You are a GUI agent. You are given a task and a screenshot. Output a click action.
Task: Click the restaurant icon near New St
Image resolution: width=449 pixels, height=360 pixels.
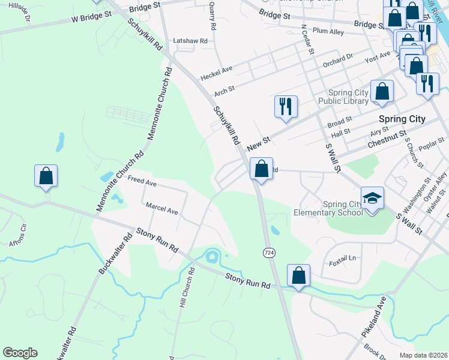[286, 107]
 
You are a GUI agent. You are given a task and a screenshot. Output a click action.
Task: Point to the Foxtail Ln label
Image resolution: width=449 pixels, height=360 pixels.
[343, 258]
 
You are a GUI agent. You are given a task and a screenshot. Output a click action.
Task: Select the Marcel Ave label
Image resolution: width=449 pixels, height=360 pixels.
[162, 209]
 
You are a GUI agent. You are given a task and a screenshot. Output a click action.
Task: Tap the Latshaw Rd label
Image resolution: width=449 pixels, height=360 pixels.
[190, 41]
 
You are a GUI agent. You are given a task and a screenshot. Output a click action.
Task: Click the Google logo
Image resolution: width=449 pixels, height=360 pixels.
[20, 353]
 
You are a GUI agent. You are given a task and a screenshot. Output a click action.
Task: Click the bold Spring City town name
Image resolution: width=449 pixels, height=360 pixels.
[402, 119]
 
